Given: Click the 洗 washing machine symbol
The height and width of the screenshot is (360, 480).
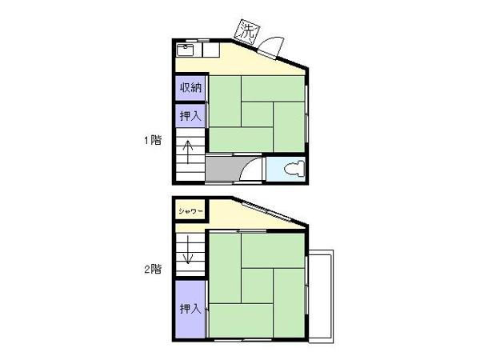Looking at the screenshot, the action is point(248,32).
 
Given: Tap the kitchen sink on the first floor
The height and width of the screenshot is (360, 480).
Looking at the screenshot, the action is point(186,50).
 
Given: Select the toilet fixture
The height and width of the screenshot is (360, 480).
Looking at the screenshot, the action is point(294,170).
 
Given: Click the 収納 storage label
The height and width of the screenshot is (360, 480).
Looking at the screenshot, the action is point(190,88).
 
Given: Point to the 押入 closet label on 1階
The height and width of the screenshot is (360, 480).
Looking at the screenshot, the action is point(190,116).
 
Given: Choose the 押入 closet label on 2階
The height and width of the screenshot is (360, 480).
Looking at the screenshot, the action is point(190,309).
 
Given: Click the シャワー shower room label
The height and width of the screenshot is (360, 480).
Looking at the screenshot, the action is point(190,211).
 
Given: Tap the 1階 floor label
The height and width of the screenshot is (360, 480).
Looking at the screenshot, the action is point(153,140).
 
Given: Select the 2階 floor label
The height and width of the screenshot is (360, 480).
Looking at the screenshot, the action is point(153,269).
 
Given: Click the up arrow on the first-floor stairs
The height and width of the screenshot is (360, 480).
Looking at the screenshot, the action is point(188,152).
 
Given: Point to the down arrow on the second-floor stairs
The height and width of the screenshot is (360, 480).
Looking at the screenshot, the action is point(188,250).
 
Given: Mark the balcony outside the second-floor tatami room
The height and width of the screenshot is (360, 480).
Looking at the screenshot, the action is point(321,296).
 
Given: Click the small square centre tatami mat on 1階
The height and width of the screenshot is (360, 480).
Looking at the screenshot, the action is point(257,114).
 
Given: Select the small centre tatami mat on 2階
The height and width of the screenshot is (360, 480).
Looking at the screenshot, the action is point(257,286).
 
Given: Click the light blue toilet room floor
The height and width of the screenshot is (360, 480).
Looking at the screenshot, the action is point(286,169).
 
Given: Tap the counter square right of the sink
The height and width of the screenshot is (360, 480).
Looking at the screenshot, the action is point(211,50).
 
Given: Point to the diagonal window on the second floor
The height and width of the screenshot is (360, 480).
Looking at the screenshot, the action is point(266,211).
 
